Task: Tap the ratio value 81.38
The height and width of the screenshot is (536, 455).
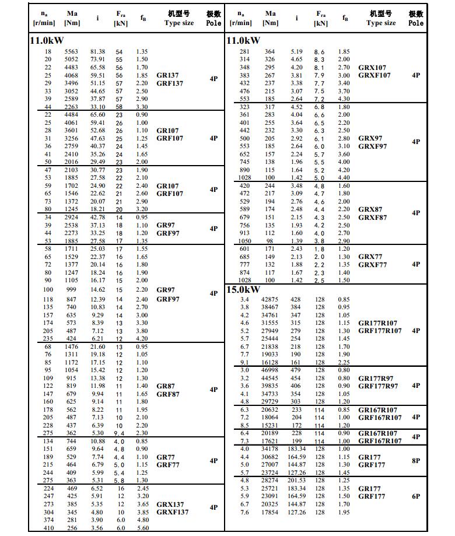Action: pyautogui.click(x=97, y=52)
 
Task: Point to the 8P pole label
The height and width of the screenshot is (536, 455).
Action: pyautogui.click(x=416, y=461)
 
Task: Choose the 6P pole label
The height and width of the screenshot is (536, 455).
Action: pyautogui.click(x=416, y=496)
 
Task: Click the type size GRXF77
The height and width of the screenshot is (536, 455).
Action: pyautogui.click(x=373, y=264)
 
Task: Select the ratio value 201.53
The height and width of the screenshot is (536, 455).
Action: pyautogui.click(x=296, y=481)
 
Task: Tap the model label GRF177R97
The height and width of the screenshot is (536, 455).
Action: pyautogui.click(x=379, y=386)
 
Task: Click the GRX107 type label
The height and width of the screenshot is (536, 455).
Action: pyautogui.click(x=372, y=68)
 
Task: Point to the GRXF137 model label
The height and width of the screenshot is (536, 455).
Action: pyautogui.click(x=173, y=512)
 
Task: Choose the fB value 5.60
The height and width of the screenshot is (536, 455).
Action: pyautogui.click(x=142, y=528)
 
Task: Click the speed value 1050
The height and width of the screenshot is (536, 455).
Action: pyautogui.click(x=244, y=241)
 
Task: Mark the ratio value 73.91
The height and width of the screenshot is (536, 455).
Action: pyautogui.click(x=97, y=59)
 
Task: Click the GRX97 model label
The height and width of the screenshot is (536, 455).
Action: pyautogui.click(x=370, y=139)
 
